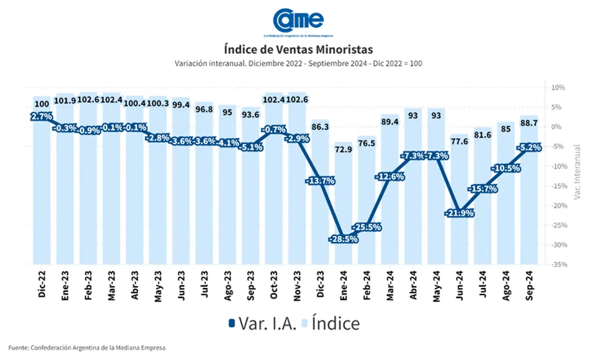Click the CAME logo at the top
point(298,20)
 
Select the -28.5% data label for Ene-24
point(344,239)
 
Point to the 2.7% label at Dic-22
point(42,116)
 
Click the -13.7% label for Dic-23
point(319,181)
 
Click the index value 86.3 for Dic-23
point(319,126)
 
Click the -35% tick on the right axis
point(559,264)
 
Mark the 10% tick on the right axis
point(558,88)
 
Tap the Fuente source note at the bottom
point(86,347)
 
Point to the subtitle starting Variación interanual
point(298,63)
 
